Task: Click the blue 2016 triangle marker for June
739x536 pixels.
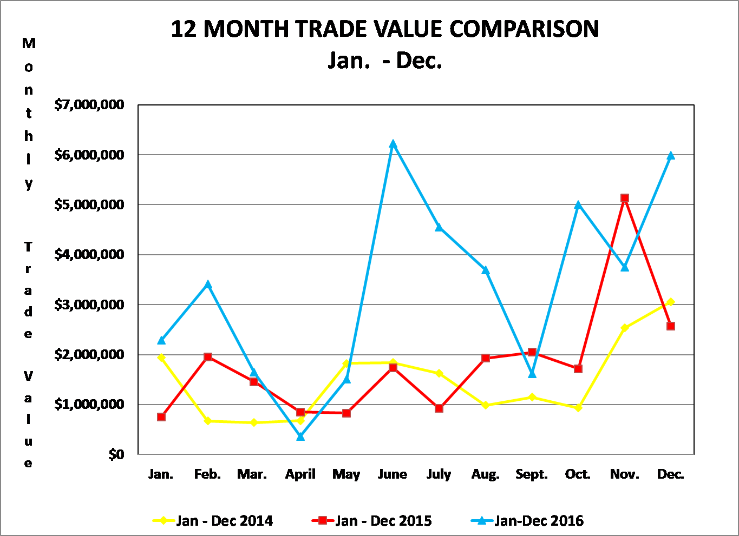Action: coord(393,144)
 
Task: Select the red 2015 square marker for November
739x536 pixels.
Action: coord(625,198)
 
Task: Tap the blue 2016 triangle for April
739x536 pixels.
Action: coord(300,436)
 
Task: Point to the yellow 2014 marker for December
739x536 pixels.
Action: coord(670,302)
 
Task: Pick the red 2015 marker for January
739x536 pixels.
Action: coord(161,417)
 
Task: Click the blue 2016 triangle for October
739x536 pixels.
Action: coord(578,204)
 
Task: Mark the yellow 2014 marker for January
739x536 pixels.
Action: coord(161,358)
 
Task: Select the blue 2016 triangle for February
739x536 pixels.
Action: coord(208,284)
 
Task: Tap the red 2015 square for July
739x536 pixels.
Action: coord(439,408)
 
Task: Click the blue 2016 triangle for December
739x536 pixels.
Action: coord(670,156)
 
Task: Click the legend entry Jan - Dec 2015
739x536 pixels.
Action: coord(372,521)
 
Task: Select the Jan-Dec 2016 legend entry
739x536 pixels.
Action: coord(527,521)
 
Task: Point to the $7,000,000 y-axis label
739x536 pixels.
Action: coord(89,104)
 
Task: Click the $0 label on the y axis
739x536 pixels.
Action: coord(116,454)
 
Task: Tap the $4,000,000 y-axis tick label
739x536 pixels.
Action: coord(89,254)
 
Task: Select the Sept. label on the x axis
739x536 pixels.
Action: coord(532,474)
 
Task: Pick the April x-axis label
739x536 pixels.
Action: coord(300,474)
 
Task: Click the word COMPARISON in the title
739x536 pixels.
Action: coord(524,29)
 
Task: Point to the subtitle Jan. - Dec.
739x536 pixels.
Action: coord(385,60)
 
